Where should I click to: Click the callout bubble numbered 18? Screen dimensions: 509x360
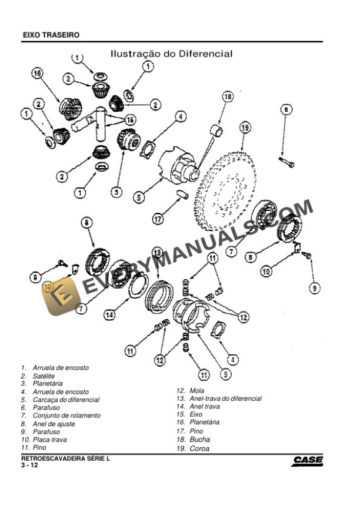[x=227, y=97]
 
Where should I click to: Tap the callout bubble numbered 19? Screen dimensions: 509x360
[x=245, y=128]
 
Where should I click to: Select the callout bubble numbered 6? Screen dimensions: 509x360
[x=285, y=109]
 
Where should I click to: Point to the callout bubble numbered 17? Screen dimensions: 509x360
[x=158, y=219]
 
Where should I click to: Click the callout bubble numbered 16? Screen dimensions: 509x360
[x=37, y=74]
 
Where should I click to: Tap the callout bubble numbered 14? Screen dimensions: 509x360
[x=109, y=315]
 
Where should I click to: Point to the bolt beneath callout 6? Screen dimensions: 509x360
[x=287, y=160]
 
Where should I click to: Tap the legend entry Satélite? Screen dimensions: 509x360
[x=44, y=376]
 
